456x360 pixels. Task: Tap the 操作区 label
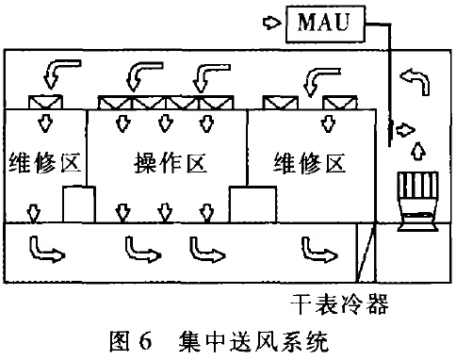pyautogui.click(x=164, y=162)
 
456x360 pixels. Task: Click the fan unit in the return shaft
pyautogui.click(x=415, y=199)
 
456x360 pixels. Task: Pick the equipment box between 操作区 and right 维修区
pyautogui.click(x=252, y=204)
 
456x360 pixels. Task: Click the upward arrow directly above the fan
pyautogui.click(x=415, y=150)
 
